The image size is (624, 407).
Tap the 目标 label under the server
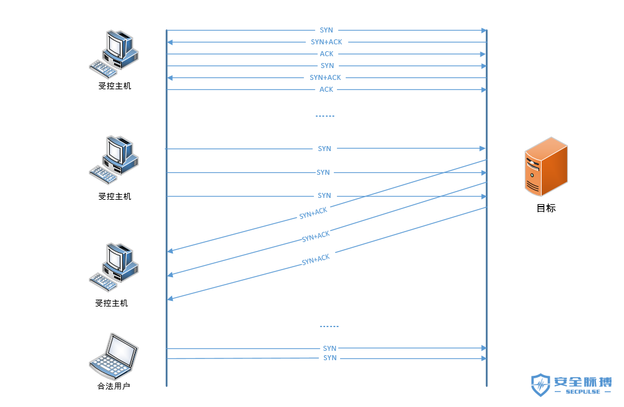point(546,208)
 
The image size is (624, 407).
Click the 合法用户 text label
point(114,386)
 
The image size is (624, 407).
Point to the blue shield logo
point(540,386)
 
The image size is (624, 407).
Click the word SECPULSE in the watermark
point(582,392)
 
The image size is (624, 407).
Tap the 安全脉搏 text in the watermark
point(583,381)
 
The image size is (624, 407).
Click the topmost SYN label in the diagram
point(326,30)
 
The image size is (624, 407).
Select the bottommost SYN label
point(330,358)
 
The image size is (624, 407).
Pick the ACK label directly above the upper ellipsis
point(326,90)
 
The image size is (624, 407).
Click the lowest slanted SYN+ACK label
point(316,260)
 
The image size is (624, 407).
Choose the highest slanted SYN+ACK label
point(313,213)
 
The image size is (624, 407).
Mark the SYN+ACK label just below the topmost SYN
point(326,42)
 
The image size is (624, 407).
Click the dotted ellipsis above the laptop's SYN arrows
point(329,326)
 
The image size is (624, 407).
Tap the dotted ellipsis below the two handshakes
point(325,116)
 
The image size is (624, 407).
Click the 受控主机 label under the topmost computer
point(115,86)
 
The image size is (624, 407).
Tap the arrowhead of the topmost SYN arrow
point(483,30)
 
